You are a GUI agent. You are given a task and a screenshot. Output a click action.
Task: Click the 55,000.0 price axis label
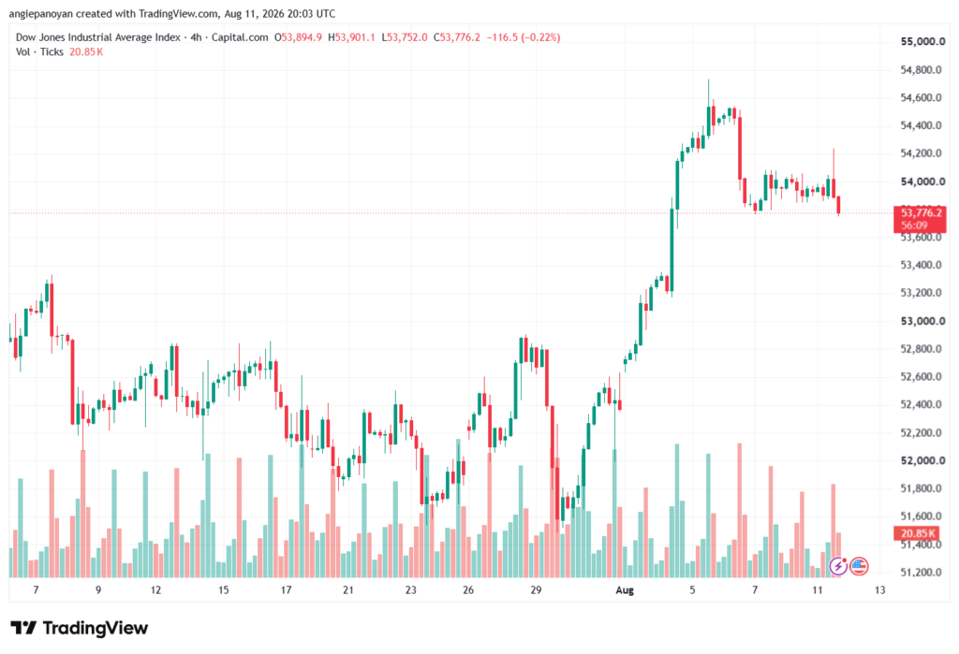922,41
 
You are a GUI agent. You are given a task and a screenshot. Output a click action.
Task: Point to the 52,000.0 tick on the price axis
922,460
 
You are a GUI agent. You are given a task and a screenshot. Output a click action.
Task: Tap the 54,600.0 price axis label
922,97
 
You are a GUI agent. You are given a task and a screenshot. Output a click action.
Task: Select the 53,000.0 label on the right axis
922,321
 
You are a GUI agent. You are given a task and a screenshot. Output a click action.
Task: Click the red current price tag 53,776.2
920,219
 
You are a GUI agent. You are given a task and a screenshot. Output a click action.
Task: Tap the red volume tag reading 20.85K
918,533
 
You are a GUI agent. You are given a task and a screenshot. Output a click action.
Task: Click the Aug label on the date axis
625,589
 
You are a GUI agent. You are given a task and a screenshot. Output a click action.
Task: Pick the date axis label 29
536,589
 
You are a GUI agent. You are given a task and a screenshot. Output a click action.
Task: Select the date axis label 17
286,589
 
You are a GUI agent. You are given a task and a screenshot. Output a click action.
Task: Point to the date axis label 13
879,589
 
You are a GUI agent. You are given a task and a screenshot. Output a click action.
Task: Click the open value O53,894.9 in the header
298,37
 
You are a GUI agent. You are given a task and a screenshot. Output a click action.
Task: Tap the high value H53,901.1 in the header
352,37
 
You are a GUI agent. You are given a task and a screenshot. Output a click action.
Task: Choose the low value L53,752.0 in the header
405,37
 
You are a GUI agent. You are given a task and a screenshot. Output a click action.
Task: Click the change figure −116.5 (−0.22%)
523,37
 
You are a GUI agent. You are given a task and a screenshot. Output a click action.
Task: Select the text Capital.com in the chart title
240,37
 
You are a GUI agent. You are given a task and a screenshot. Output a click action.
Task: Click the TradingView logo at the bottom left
79,628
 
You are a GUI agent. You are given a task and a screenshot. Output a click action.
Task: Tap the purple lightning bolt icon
838,566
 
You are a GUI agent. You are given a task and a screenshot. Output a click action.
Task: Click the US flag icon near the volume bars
859,566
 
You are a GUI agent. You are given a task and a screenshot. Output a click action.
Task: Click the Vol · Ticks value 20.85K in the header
85,52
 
